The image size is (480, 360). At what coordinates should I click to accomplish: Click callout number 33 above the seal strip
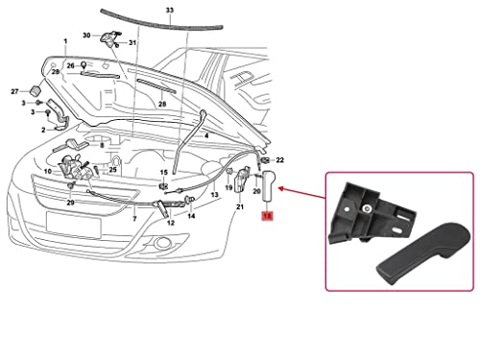tap(170, 11)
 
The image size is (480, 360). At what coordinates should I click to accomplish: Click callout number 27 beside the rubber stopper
tap(15, 91)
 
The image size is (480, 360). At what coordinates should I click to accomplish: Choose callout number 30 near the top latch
tap(87, 35)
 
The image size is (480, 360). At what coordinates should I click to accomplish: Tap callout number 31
tap(132, 43)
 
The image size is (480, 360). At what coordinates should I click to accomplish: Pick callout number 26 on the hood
tap(69, 65)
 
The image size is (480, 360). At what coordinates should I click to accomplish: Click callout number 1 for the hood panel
tap(64, 43)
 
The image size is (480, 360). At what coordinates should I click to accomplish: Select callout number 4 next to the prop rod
tap(205, 135)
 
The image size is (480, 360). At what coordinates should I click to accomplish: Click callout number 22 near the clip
tap(279, 159)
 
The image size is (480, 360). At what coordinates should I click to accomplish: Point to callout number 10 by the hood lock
tap(46, 171)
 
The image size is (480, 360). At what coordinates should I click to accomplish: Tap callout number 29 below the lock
tap(70, 203)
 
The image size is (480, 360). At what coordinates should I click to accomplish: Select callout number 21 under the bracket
tap(239, 206)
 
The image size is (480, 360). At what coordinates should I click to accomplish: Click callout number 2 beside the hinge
tap(42, 129)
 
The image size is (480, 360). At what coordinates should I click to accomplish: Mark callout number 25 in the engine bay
tap(113, 170)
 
